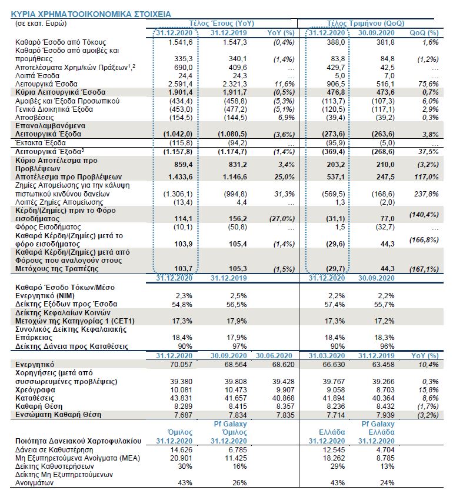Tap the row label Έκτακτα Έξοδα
pos(39,143)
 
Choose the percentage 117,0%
pos(427,176)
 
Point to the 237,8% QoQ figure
pos(427,193)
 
